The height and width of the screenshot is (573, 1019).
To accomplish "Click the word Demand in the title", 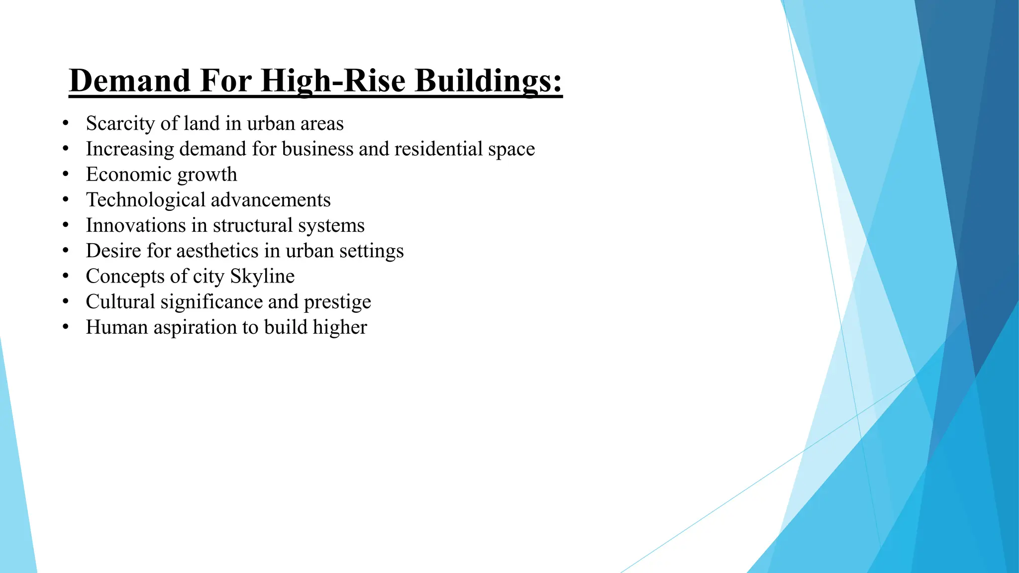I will pyautogui.click(x=130, y=81).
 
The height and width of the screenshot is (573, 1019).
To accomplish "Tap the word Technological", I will pyautogui.click(x=145, y=200).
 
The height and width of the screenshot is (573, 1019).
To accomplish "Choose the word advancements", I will pyautogui.click(x=270, y=200).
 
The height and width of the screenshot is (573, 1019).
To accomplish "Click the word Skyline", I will pyautogui.click(x=262, y=276).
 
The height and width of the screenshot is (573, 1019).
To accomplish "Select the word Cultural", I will pyautogui.click(x=120, y=302).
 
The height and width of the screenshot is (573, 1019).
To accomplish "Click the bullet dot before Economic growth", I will pyautogui.click(x=66, y=175).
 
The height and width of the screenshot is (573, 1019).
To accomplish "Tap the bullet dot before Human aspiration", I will pyautogui.click(x=66, y=327).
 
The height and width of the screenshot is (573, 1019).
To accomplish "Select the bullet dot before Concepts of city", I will pyautogui.click(x=66, y=276).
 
